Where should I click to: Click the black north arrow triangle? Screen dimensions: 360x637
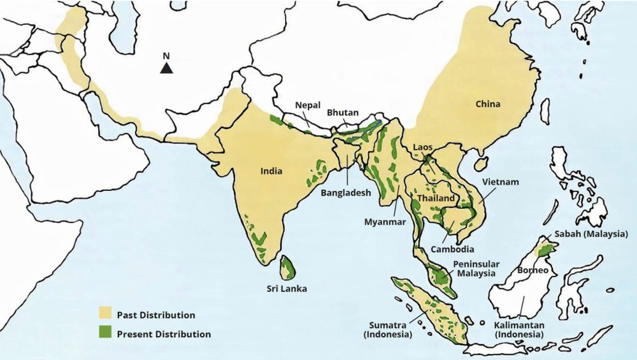(x=166, y=68)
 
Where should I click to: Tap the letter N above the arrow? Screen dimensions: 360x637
(x=166, y=55)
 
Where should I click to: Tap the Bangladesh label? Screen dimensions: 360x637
(x=345, y=192)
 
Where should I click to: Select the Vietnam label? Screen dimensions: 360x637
(x=501, y=182)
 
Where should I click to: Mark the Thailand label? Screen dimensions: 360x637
(x=436, y=199)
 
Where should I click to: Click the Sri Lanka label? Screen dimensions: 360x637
(x=287, y=289)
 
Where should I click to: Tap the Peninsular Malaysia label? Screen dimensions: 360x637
(x=476, y=268)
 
